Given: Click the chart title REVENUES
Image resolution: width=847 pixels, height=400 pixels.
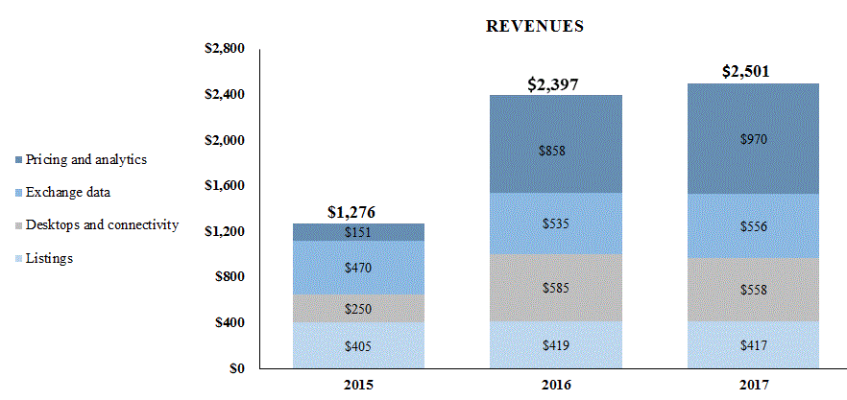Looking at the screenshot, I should point(535,27).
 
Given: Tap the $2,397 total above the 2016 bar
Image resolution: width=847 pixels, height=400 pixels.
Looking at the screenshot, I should point(555,84).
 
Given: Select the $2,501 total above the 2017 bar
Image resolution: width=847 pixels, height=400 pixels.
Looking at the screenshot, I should point(752,72).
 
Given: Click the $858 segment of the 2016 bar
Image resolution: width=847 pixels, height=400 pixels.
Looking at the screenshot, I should point(555,151).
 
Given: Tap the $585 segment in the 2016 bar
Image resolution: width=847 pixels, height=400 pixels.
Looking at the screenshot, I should point(555,287).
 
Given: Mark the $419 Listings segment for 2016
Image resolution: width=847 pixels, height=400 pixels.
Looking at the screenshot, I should point(555,345).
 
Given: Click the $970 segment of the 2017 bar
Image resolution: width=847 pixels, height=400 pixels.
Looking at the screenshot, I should point(752,139).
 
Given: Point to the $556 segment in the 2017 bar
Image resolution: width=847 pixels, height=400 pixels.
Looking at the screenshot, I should point(752,226).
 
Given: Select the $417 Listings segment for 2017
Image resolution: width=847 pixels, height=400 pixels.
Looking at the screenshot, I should point(752,345).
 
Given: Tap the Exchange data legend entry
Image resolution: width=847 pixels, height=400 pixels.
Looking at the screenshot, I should point(68,192).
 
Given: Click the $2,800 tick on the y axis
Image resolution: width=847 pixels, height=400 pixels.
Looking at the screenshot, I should point(226,49).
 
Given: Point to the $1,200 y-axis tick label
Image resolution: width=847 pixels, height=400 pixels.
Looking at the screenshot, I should point(226,231).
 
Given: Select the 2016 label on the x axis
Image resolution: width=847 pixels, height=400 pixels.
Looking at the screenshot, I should point(555,385).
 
